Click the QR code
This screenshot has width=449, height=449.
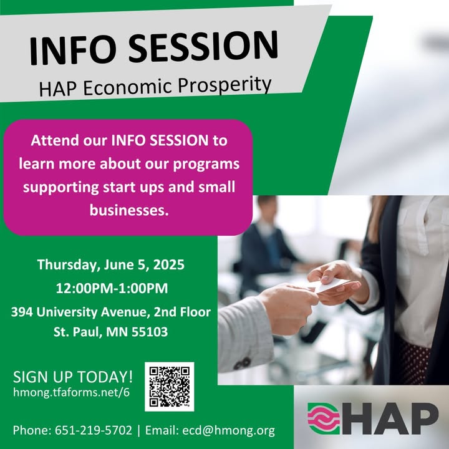tap(169, 387)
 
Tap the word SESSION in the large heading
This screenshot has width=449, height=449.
tap(203, 46)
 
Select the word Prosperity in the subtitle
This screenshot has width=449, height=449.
tap(224, 85)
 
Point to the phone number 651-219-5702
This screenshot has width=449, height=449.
tap(94, 430)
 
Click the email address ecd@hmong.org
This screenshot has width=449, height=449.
tap(228, 430)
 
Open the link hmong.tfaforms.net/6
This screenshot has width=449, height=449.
tap(71, 392)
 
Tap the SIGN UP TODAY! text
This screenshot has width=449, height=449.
tap(73, 377)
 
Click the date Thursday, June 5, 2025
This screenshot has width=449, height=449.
tap(111, 264)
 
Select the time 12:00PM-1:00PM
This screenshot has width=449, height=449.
tap(112, 288)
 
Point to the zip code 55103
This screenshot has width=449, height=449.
tap(150, 332)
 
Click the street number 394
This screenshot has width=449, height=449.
tap(22, 312)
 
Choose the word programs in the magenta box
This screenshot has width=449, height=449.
tap(206, 165)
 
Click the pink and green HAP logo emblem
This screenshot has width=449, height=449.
tap(324, 418)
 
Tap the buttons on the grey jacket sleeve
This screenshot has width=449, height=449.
tap(242, 364)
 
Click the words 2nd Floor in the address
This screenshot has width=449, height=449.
tap(182, 312)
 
